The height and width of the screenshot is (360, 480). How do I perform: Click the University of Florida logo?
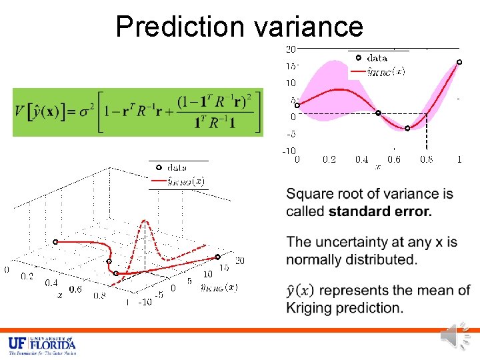(42, 345)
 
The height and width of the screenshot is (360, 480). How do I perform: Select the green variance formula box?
(138, 112)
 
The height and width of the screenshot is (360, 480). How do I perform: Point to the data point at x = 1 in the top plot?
(459, 62)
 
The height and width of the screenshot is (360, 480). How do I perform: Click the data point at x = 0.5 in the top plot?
(378, 113)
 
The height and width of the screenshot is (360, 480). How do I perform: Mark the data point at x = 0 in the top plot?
(297, 105)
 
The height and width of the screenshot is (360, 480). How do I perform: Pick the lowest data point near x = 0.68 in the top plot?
(408, 128)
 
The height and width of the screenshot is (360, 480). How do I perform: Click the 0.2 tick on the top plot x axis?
(329, 160)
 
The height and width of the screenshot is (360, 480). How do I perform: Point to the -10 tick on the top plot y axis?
(289, 151)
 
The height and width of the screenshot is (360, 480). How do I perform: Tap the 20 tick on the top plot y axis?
(291, 49)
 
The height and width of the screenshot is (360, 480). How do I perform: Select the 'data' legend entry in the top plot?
(377, 58)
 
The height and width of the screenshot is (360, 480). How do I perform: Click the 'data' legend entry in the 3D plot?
(177, 167)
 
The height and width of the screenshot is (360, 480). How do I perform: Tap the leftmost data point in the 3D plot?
(55, 241)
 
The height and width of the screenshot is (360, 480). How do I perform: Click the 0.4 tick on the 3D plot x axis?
(51, 283)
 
